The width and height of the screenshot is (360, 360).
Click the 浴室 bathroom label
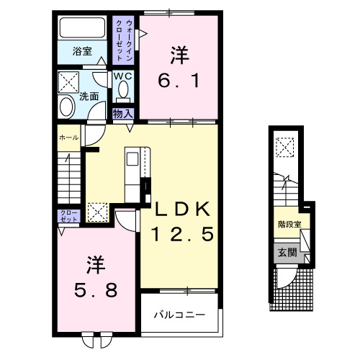[x=81, y=51]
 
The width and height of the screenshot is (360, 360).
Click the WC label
[x=121, y=76]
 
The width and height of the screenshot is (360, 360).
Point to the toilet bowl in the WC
[x=122, y=89]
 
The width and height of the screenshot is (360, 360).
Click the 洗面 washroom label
[x=89, y=96]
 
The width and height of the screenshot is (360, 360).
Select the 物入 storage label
[x=122, y=112]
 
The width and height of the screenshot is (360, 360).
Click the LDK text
[x=183, y=210]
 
